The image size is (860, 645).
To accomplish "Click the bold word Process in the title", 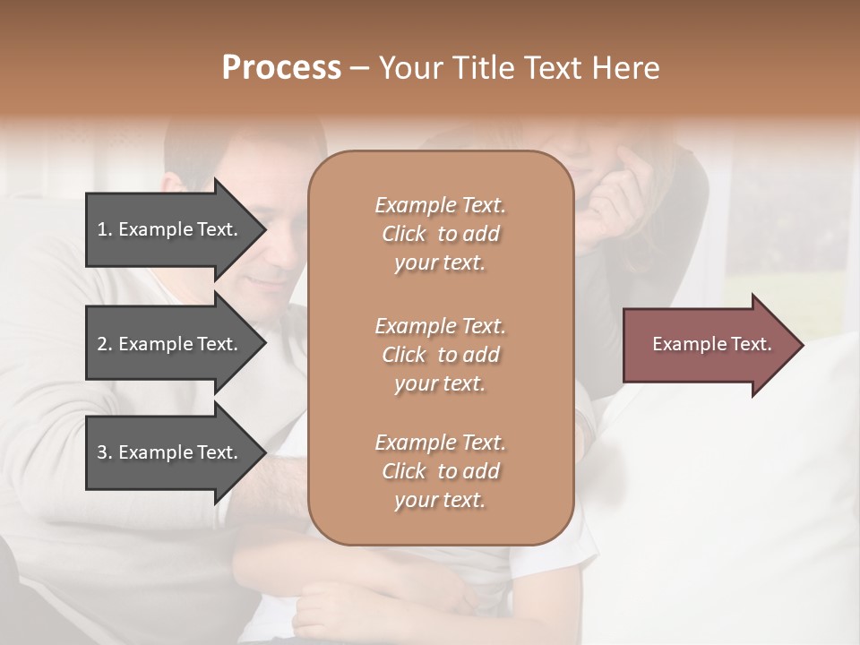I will tap(281, 68).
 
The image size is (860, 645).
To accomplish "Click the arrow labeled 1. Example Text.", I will tap(170, 229).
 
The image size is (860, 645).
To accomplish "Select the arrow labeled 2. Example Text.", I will tap(170, 344).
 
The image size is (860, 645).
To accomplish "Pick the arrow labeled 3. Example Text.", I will tap(170, 452).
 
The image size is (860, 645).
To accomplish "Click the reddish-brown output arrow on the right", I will tap(708, 345).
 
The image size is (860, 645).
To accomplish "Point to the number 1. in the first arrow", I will tap(105, 229).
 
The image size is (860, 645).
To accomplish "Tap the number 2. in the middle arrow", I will tap(105, 344).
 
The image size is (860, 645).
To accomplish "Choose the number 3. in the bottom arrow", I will tap(105, 452).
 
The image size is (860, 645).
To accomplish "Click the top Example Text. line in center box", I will tap(440, 205).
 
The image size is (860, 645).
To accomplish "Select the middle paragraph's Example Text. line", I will tap(440, 326).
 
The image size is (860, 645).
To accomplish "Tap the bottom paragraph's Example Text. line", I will tap(440, 443).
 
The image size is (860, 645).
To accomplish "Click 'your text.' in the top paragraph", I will tap(440, 263).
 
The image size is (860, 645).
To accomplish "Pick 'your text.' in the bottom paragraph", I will tap(440, 501).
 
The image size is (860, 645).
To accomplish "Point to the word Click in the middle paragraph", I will tap(404, 355).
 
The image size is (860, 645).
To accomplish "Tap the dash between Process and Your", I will tap(360, 68).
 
